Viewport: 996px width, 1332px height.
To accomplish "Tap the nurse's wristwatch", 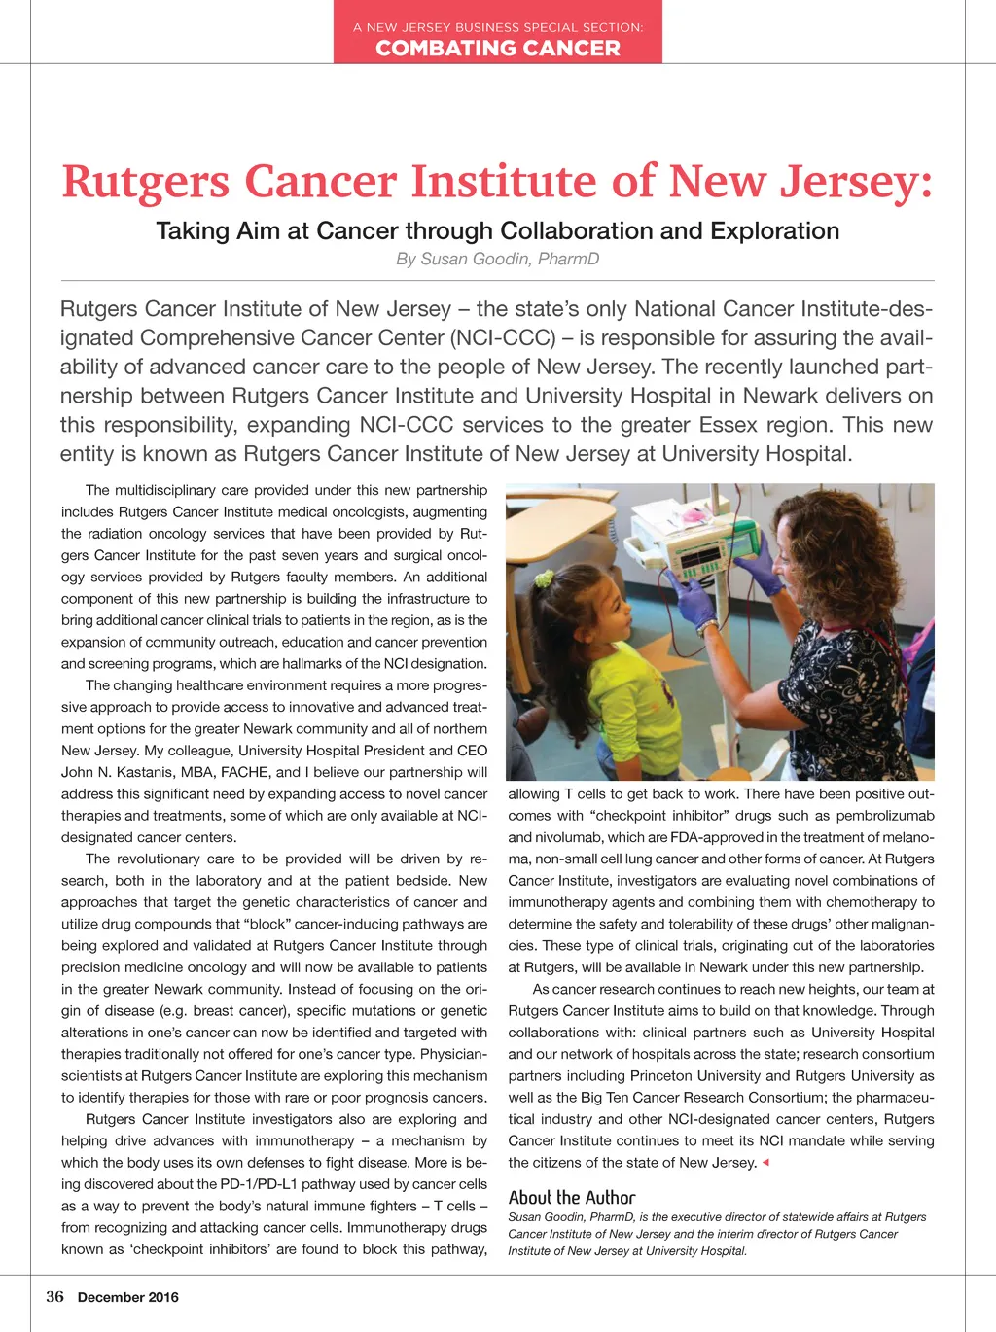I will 708,627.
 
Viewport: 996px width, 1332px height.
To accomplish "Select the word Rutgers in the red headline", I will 146,182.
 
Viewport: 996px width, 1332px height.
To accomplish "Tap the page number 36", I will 54,1296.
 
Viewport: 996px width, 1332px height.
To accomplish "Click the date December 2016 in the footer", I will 128,1297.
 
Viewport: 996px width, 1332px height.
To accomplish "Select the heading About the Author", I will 571,1198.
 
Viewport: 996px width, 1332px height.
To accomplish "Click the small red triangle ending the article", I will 765,1163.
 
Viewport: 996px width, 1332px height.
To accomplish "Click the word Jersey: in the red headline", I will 857,182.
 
